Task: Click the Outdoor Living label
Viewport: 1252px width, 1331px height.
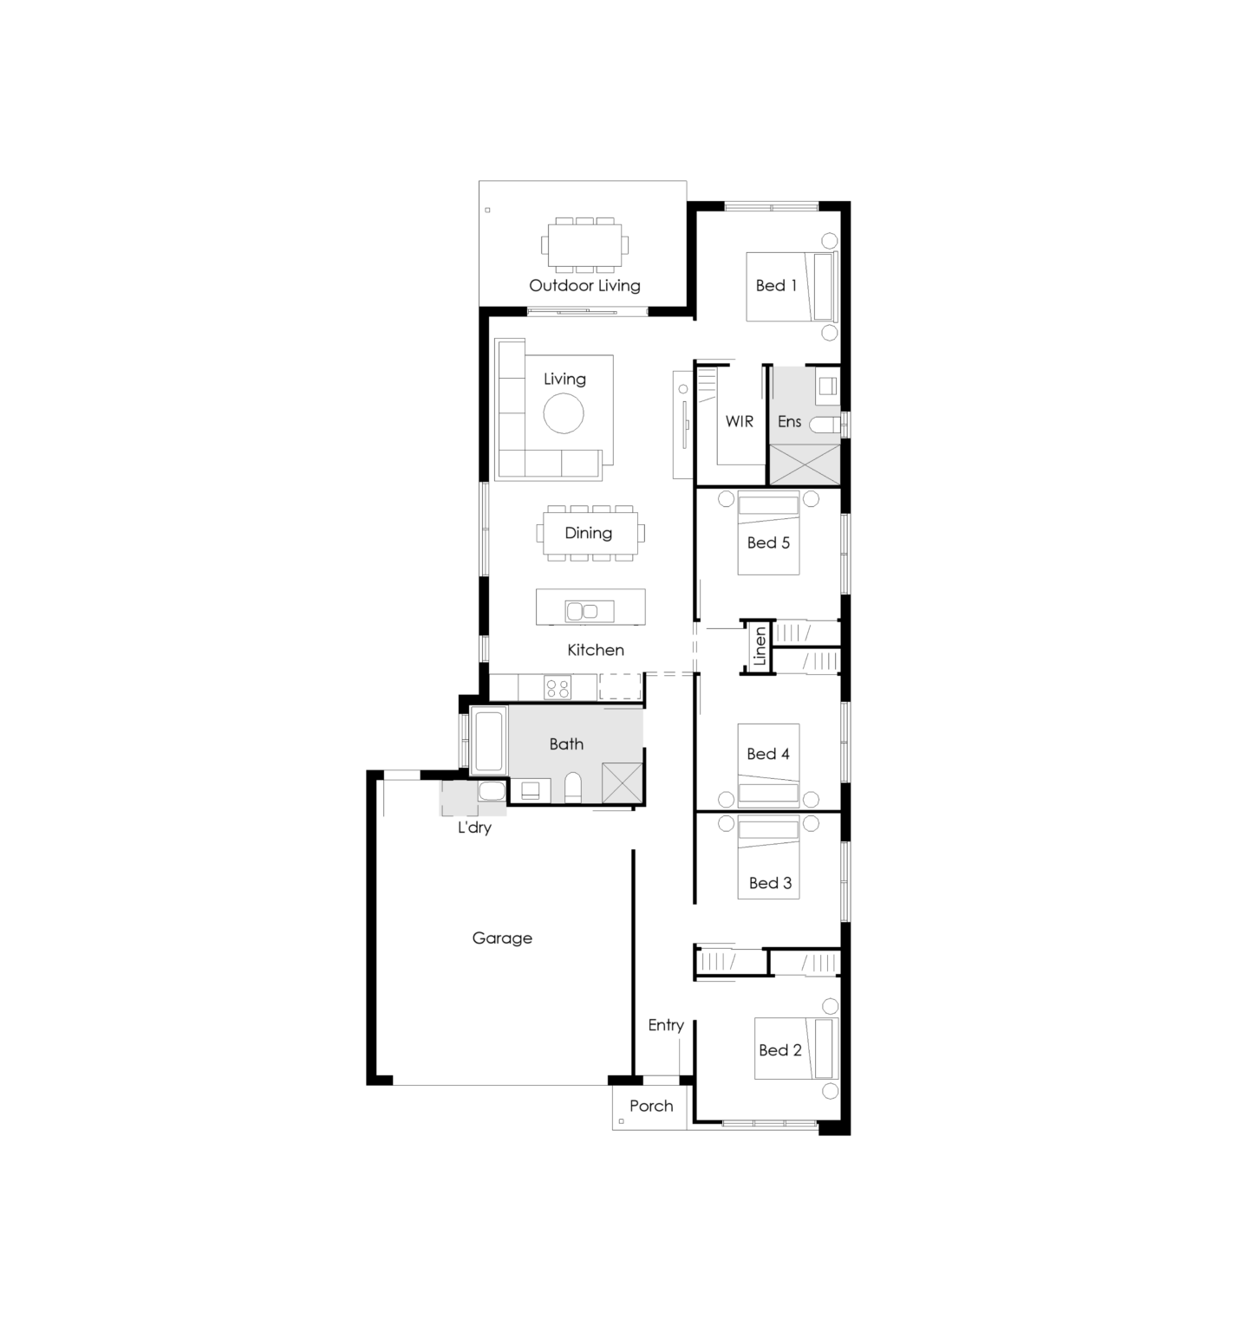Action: pos(584,285)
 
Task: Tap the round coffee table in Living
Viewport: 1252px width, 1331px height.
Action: pos(564,413)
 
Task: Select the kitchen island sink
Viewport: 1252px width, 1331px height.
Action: pos(582,611)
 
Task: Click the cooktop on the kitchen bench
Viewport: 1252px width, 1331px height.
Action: pos(558,688)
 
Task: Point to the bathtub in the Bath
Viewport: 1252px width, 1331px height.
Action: pos(489,740)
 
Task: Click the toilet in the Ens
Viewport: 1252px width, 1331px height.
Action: pos(826,425)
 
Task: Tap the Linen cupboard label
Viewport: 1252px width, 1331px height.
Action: pos(760,646)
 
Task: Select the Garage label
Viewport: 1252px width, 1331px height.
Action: pos(502,938)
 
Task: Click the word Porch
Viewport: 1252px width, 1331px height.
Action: pos(651,1106)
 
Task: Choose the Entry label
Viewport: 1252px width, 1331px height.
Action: pos(666,1025)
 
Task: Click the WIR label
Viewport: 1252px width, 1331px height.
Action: pos(740,421)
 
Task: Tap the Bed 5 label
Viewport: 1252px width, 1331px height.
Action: pos(768,542)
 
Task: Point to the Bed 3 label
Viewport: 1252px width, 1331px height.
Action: pos(770,883)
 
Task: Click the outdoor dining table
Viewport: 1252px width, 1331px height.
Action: pos(585,245)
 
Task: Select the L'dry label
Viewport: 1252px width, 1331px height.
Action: pos(474,828)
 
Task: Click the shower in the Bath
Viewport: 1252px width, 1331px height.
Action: pos(623,782)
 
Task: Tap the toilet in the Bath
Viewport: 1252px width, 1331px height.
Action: pos(573,789)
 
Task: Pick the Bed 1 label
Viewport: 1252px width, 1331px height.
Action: pos(776,285)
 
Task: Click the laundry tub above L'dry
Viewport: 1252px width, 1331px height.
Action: pos(492,790)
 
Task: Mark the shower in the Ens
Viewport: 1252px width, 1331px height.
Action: pos(805,464)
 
